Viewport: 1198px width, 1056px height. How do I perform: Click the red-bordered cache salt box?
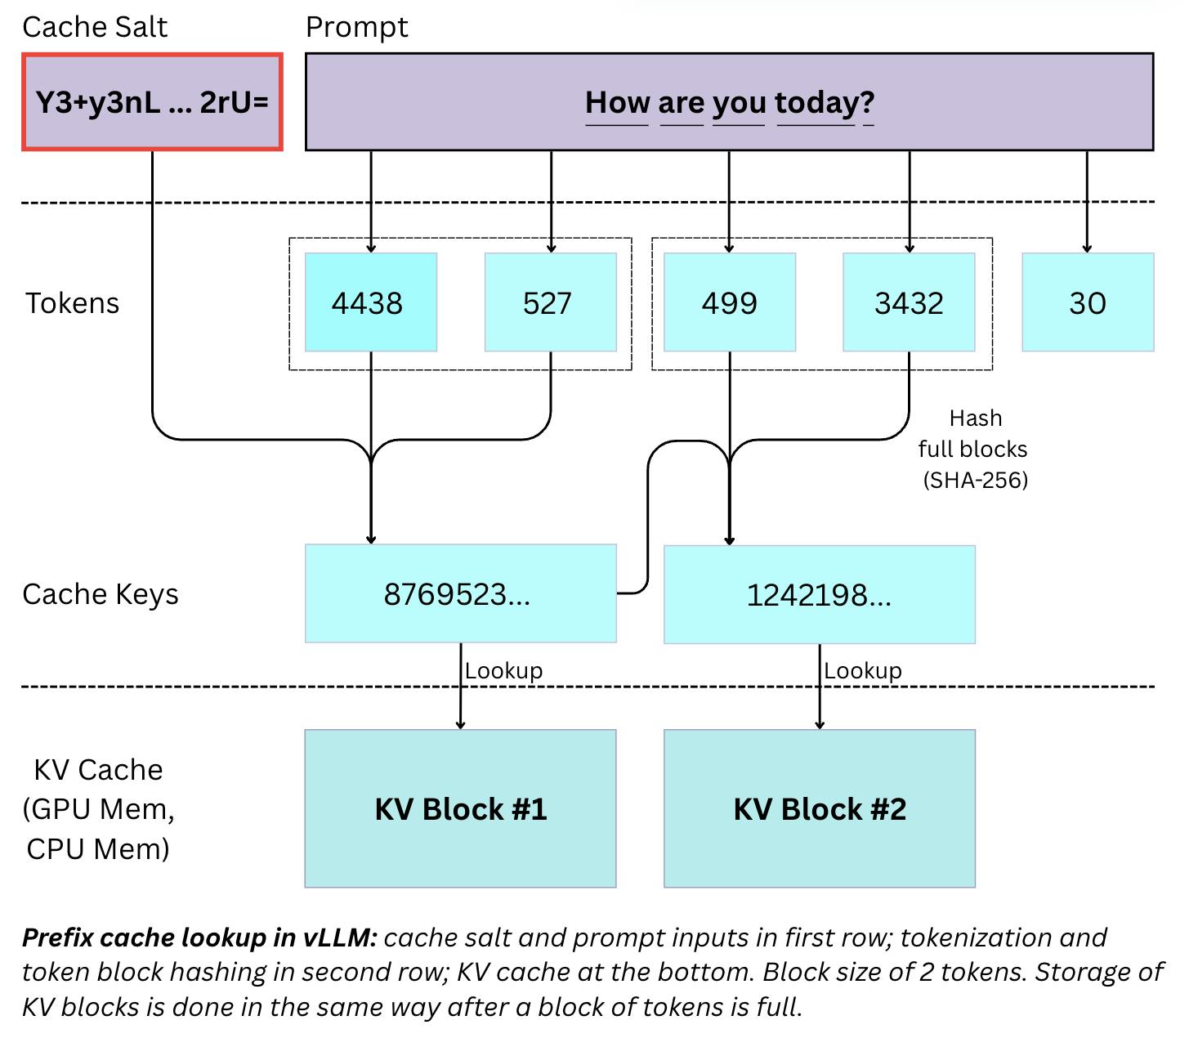pos(152,102)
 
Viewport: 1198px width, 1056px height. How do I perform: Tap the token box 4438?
pos(370,302)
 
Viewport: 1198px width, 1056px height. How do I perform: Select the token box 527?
pos(550,302)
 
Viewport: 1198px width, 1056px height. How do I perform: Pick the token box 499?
pos(729,302)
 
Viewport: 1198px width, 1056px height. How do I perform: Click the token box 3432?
pos(909,302)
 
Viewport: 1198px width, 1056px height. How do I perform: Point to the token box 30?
pos(1088,302)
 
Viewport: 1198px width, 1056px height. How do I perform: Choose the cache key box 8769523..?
pos(460,593)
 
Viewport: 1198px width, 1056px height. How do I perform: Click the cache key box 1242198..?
pos(819,594)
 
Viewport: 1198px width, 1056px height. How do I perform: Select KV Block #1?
pos(460,808)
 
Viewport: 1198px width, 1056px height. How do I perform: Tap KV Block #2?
pos(819,808)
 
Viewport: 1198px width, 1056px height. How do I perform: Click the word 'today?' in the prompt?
pos(825,103)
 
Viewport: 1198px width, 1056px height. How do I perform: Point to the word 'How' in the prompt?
pos(617,103)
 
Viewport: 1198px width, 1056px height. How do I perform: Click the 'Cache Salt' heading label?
pos(95,27)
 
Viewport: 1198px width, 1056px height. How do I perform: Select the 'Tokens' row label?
pos(72,303)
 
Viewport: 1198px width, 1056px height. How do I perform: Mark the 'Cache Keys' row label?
pos(100,594)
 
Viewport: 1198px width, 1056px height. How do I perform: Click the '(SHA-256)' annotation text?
pos(975,480)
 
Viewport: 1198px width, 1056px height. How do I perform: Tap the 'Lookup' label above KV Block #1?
pos(503,671)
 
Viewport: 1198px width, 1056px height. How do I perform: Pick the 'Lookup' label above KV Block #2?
pos(862,671)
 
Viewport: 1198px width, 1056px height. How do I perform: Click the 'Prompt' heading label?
pos(356,27)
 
